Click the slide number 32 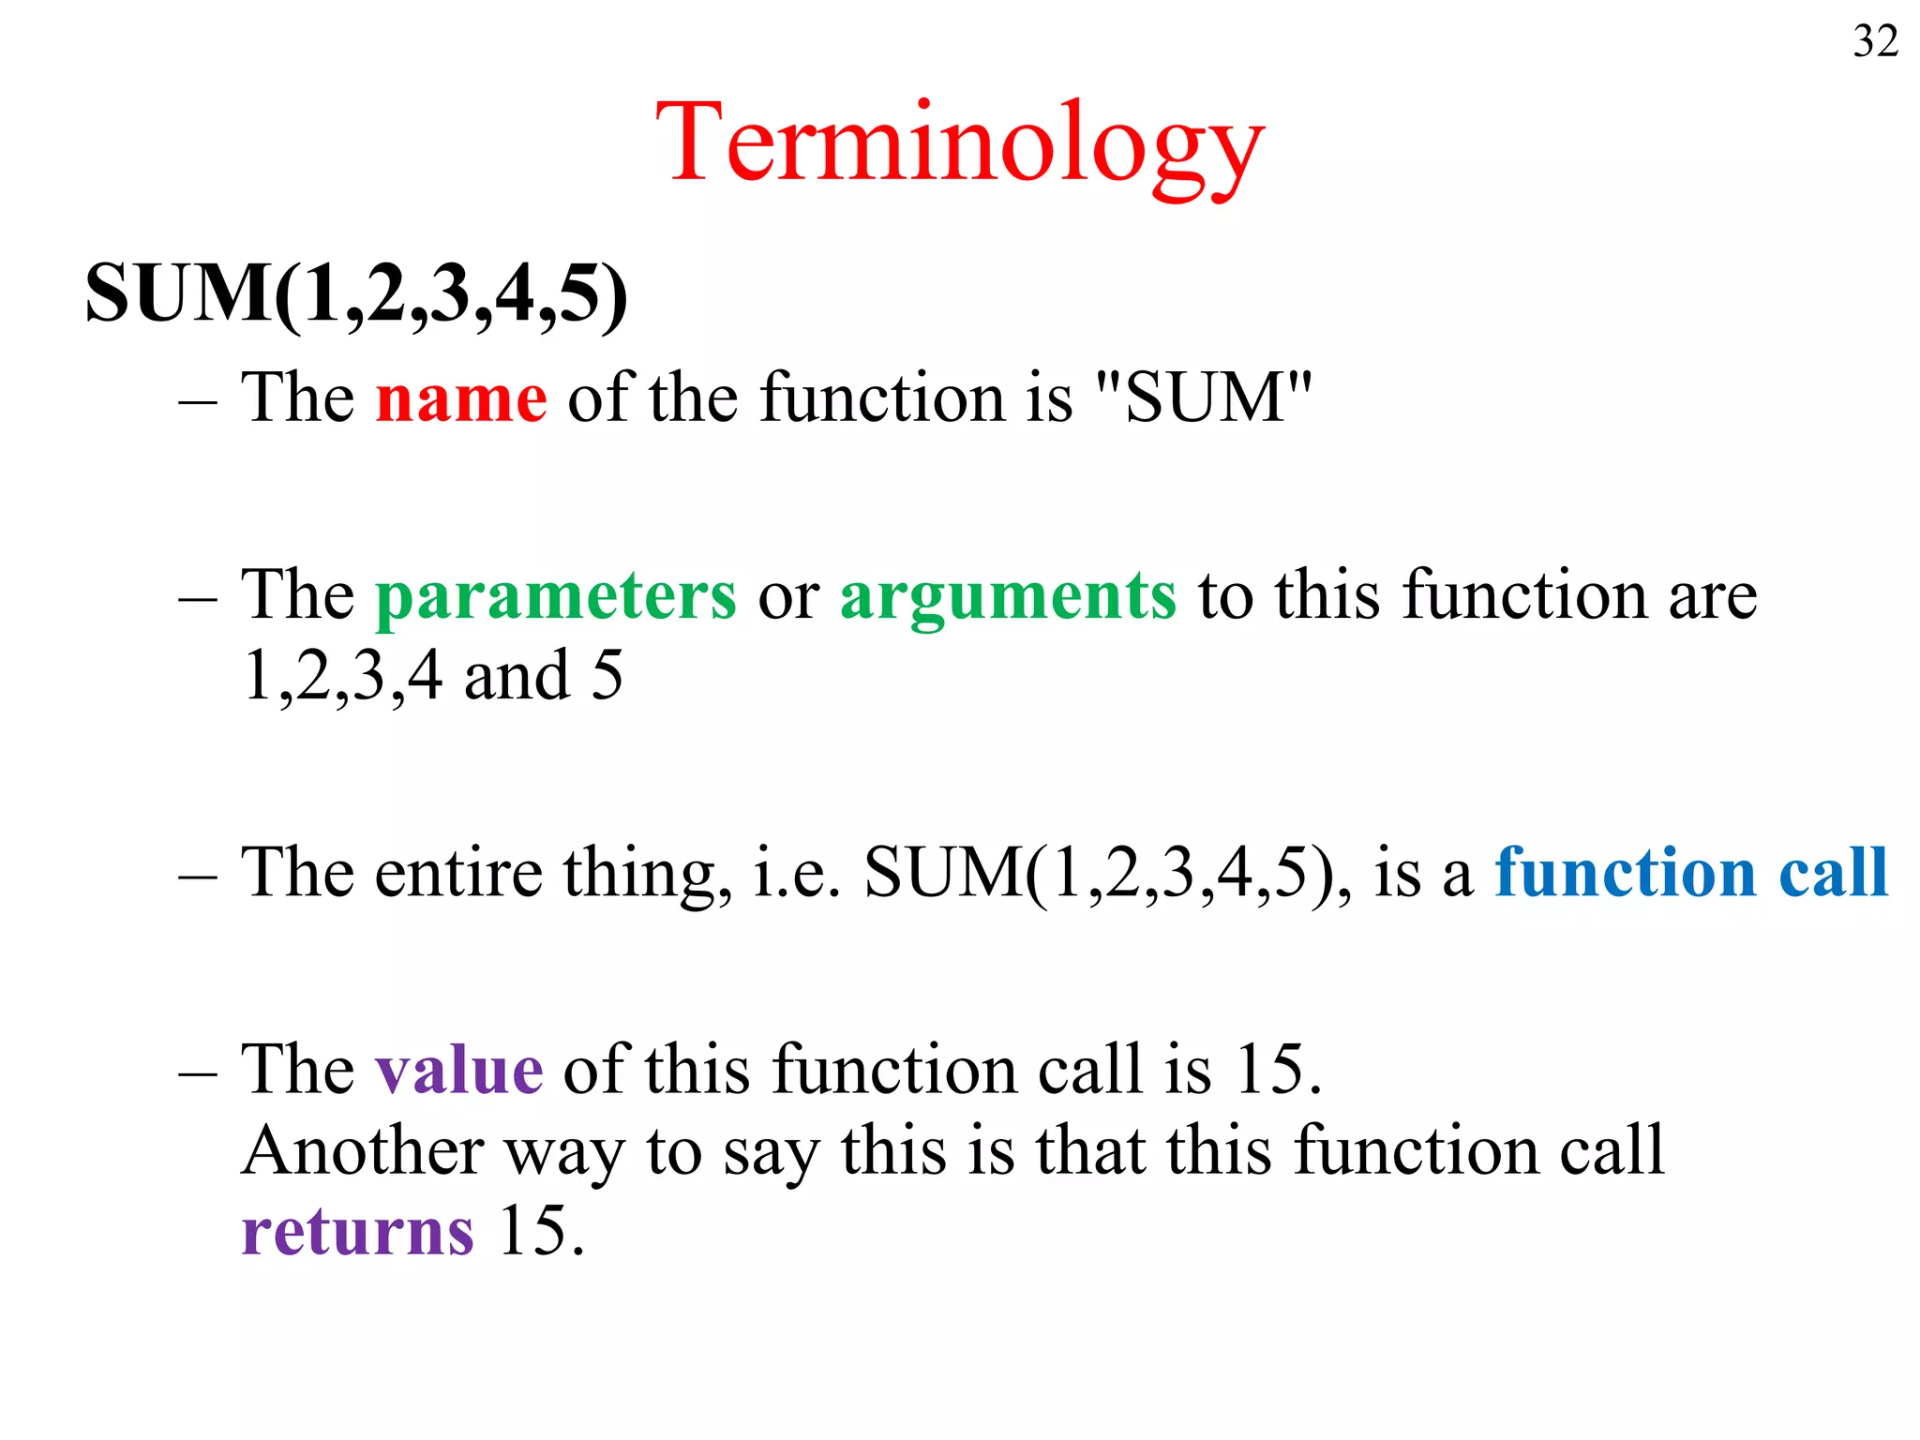pos(1875,41)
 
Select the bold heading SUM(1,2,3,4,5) pos(356,293)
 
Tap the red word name pos(460,398)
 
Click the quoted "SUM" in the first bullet pos(1204,397)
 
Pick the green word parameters pos(556,596)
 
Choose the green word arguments pos(1007,596)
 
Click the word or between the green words pos(787,598)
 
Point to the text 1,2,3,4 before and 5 pos(342,676)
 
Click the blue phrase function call pos(1690,872)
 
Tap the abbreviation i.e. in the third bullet pos(796,873)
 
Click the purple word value pos(458,1069)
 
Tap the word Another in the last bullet pos(363,1150)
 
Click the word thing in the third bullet pos(647,873)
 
